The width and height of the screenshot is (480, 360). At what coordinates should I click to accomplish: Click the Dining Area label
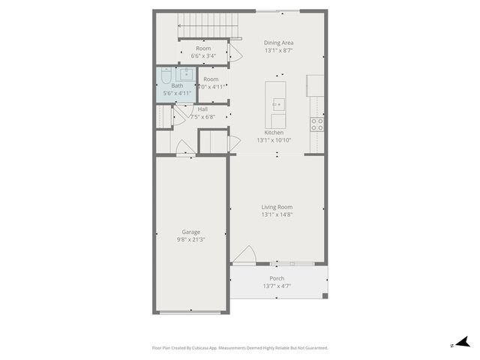point(278,43)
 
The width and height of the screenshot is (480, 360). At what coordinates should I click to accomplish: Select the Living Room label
point(277,207)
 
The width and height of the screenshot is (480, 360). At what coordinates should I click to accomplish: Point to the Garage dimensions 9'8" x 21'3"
point(190,240)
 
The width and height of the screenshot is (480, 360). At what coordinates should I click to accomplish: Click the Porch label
point(277,278)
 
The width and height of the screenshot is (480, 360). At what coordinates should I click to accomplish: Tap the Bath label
point(177,85)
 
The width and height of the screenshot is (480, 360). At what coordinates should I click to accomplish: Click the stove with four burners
point(318,124)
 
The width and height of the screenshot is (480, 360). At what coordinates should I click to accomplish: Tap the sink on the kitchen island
point(278,104)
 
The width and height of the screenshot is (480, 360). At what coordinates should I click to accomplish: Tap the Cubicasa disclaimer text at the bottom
point(240,348)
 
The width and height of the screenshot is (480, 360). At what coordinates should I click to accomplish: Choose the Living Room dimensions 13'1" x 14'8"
point(277,214)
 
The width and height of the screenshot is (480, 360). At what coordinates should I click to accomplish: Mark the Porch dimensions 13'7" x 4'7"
point(277,286)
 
